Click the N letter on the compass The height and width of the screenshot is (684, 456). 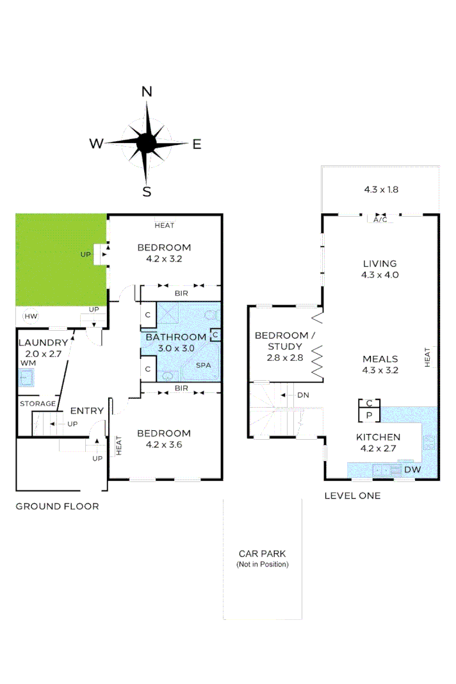(147, 92)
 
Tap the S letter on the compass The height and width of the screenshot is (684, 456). (147, 191)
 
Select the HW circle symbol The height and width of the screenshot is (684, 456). (30, 316)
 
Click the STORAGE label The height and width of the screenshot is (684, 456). (38, 404)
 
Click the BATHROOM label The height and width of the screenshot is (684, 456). (175, 337)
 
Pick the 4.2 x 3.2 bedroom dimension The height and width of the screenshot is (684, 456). (165, 260)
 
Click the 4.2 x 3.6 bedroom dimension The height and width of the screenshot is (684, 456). (165, 445)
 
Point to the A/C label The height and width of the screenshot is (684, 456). (380, 219)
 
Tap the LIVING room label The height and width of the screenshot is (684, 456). (380, 263)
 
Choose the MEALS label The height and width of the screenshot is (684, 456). (380, 359)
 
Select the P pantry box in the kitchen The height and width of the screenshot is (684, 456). (370, 415)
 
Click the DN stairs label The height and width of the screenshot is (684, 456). (303, 395)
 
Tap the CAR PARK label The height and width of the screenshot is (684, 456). (262, 553)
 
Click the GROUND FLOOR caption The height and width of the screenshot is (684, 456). (58, 506)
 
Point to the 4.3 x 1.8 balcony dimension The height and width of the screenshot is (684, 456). (381, 190)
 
